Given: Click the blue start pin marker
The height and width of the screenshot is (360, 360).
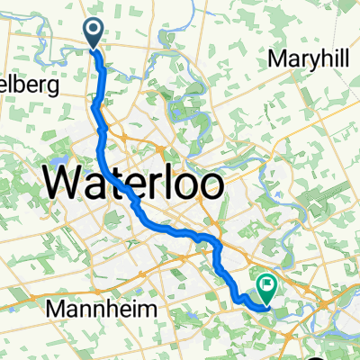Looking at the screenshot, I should click(x=94, y=33).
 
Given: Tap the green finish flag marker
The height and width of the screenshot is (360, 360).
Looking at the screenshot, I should click(x=267, y=287).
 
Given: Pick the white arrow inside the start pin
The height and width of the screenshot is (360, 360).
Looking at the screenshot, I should click(x=94, y=31).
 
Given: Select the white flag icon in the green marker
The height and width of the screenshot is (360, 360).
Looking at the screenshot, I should click(x=267, y=285).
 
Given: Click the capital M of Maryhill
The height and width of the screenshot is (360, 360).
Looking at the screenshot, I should click(x=277, y=60).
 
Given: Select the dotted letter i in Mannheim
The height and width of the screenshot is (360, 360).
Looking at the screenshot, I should click(x=142, y=308).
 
